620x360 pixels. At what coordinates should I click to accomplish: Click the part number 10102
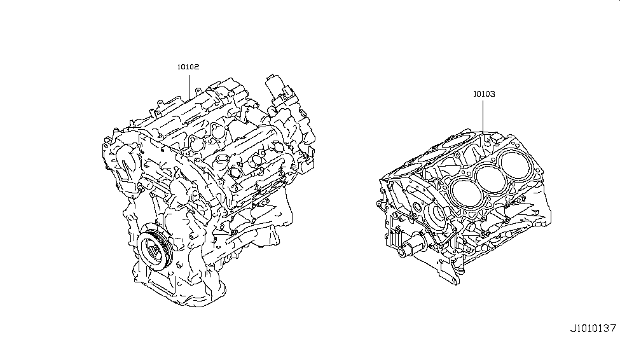tap(188, 66)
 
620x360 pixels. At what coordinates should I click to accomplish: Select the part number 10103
tap(483, 93)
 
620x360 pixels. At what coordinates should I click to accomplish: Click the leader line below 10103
tap(483, 118)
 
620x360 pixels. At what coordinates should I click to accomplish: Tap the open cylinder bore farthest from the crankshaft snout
tap(517, 167)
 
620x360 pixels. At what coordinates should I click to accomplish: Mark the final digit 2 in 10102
tap(198, 66)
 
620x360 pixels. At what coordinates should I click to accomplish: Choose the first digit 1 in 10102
tap(179, 66)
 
